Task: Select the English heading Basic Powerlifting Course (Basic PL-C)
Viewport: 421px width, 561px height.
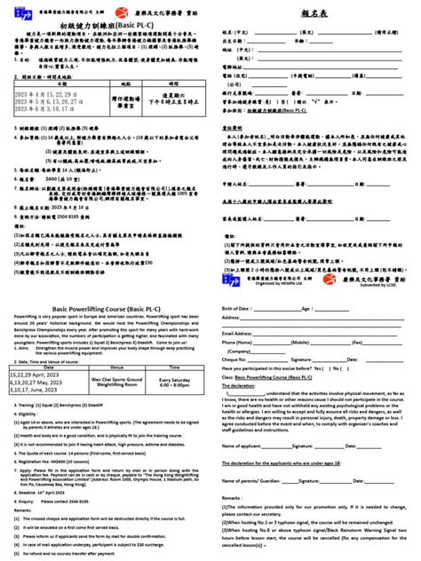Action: pos(106,304)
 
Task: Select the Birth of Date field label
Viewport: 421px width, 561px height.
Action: pos(238,307)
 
